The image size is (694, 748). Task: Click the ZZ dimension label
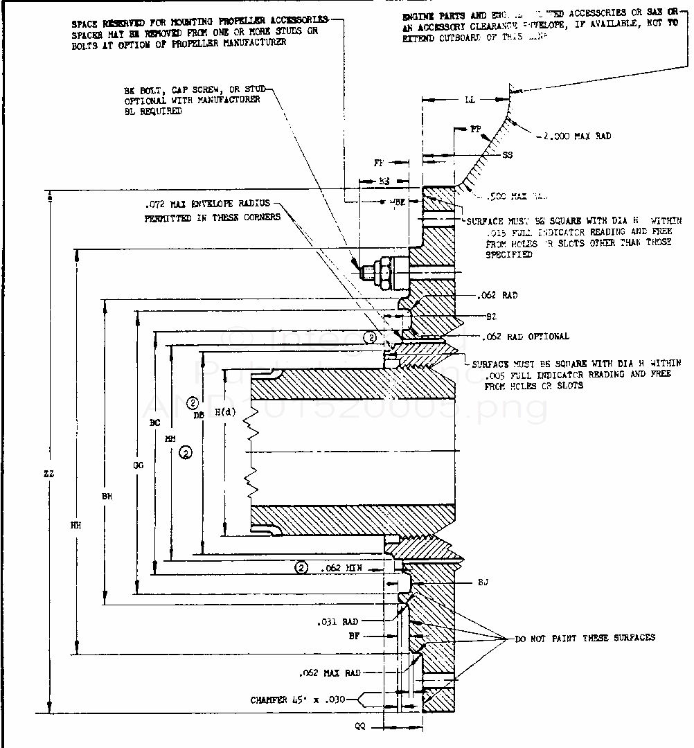[49, 474]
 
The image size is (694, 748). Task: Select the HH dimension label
[75, 526]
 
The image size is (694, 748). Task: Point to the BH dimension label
[106, 496]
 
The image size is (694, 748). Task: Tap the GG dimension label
[138, 466]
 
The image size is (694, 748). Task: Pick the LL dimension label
[469, 101]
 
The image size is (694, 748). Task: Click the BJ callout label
[483, 582]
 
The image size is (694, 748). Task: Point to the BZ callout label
[491, 315]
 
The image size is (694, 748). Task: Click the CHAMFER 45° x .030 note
[303, 700]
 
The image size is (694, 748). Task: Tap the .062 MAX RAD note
[328, 673]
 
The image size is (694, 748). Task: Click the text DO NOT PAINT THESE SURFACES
[585, 637]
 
